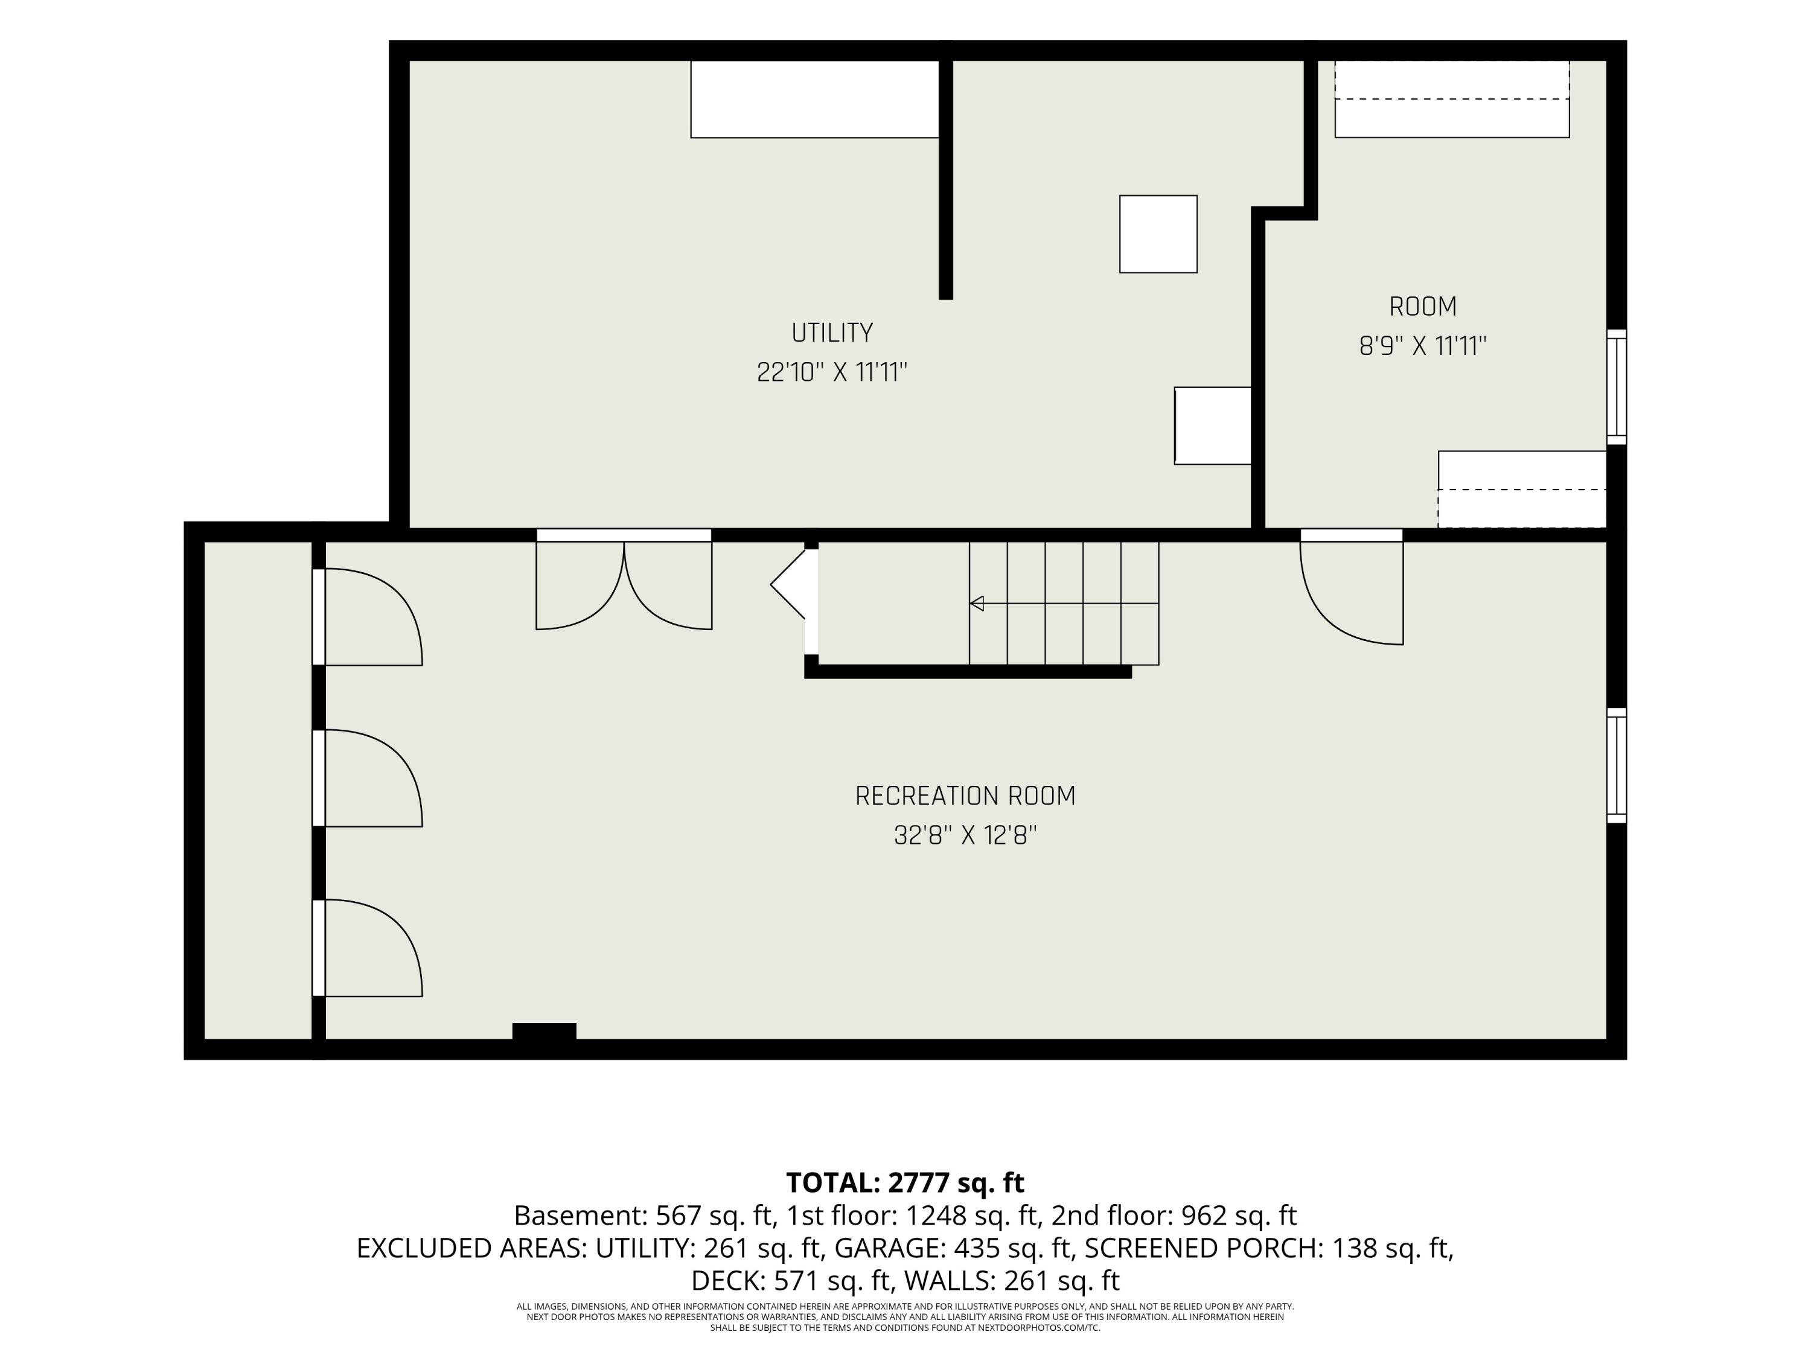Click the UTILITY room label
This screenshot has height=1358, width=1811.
click(x=832, y=333)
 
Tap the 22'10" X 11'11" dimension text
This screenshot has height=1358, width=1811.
click(x=832, y=372)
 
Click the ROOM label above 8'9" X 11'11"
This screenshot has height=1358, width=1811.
click(x=1423, y=307)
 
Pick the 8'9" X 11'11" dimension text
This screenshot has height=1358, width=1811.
click(x=1423, y=346)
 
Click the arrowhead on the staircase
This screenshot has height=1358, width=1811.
click(x=976, y=604)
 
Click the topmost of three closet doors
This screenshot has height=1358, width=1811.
click(x=368, y=617)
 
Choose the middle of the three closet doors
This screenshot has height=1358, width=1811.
click(x=368, y=779)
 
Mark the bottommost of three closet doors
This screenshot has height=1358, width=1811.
click(x=368, y=948)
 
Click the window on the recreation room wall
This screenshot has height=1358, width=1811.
click(x=1616, y=765)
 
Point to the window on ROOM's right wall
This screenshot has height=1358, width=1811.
click(x=1616, y=387)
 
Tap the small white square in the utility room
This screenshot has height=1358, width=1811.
click(x=1158, y=234)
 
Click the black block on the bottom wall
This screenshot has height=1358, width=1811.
click(x=545, y=1031)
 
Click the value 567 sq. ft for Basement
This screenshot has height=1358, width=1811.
click(x=715, y=1216)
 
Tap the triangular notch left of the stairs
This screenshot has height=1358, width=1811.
click(x=788, y=584)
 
